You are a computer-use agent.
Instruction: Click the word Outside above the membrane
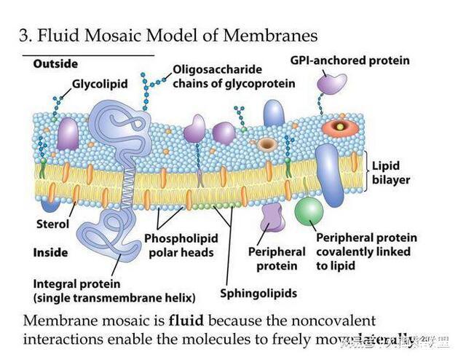click(55, 64)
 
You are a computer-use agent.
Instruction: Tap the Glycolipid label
click(100, 84)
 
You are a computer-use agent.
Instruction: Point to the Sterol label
click(53, 224)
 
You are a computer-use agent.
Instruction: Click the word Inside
click(50, 253)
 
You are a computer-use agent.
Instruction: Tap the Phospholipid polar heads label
click(181, 245)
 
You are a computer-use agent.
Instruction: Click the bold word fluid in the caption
click(185, 321)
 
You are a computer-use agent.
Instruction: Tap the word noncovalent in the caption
click(340, 321)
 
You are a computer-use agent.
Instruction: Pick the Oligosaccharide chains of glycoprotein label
click(234, 77)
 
